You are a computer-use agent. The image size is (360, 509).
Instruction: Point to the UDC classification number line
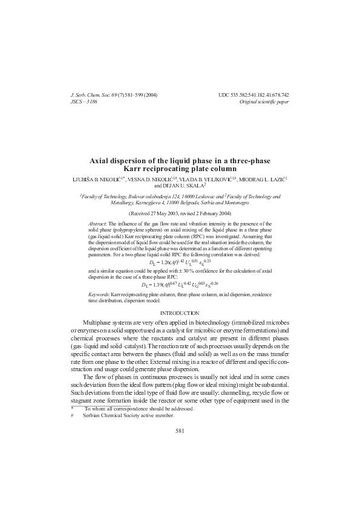254,96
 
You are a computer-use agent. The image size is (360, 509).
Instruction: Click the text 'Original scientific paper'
264,102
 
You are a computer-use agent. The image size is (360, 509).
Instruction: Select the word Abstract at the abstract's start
98,223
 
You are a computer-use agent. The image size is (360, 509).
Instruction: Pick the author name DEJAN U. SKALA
182,187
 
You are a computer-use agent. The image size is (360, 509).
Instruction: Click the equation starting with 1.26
179,262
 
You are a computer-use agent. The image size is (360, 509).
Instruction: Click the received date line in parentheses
180,214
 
